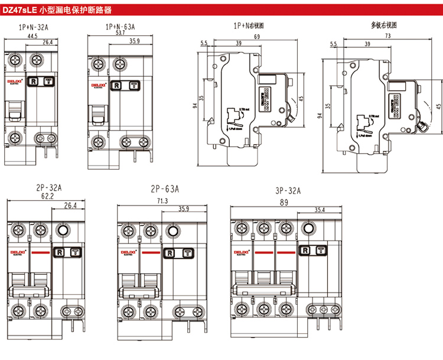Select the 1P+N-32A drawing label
(34, 27)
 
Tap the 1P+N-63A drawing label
(120, 27)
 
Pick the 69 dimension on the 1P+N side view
(257, 37)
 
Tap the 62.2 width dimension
(44, 196)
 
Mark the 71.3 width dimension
(161, 201)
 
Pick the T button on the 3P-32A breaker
(320, 251)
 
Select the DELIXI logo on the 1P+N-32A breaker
(14, 79)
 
